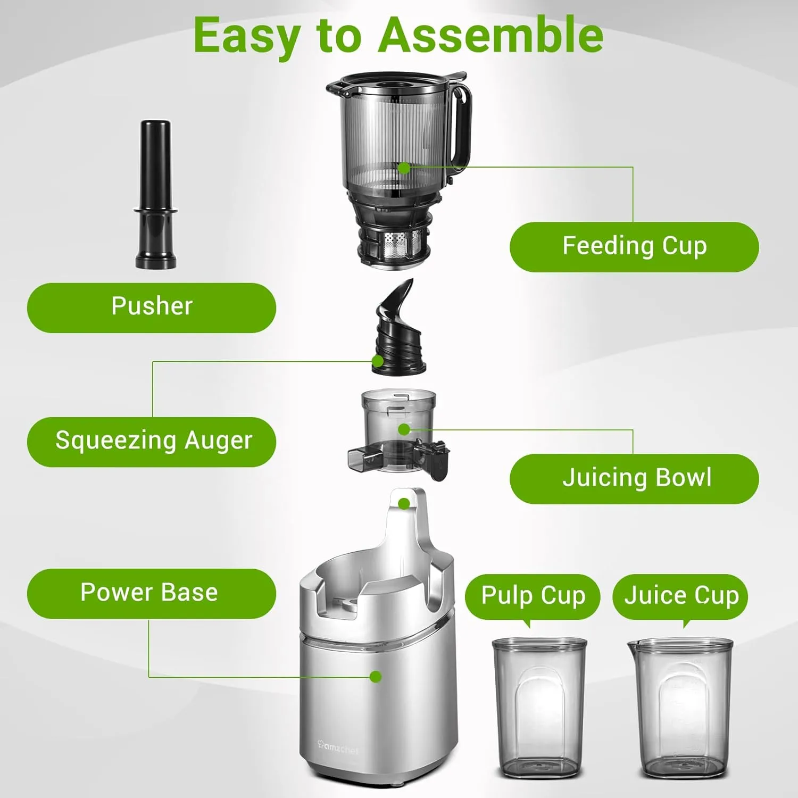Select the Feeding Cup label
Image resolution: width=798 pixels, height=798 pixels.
[x=634, y=247]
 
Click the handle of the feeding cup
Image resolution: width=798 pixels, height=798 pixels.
[x=462, y=128]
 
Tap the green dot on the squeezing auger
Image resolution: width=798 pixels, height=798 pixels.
[x=378, y=361]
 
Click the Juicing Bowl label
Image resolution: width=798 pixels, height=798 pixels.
[x=634, y=478]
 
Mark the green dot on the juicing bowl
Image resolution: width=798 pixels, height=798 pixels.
[x=404, y=429]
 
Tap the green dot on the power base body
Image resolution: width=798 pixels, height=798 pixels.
[x=376, y=677]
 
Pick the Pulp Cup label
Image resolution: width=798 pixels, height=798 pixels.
[x=533, y=595]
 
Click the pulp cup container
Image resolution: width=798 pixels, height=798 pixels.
[x=539, y=708]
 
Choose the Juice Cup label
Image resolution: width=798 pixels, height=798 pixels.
[x=680, y=595]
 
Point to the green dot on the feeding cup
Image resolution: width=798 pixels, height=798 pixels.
[x=404, y=169]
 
